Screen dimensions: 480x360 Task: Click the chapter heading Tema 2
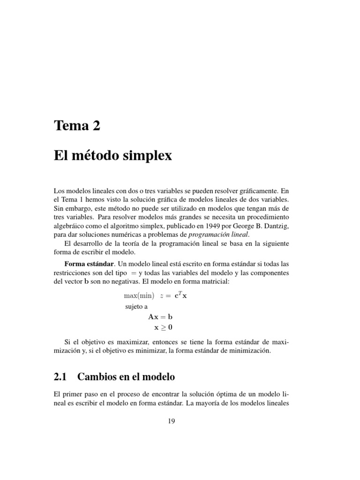click(x=77, y=126)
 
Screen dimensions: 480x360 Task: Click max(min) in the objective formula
click(x=139, y=296)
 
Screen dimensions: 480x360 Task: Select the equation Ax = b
click(x=160, y=316)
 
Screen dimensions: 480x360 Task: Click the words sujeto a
click(x=135, y=307)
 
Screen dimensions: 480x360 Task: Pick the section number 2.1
click(x=61, y=376)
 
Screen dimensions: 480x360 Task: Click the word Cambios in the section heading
click(x=98, y=376)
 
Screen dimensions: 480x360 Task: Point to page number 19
click(x=171, y=421)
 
